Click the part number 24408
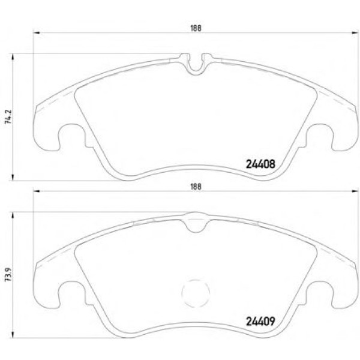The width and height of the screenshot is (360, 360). click(x=260, y=164)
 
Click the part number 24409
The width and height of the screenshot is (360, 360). click(x=260, y=322)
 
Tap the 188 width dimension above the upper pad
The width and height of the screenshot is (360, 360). click(x=196, y=28)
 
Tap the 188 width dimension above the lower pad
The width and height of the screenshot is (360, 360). click(x=196, y=187)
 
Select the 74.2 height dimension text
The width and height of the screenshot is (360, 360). click(x=8, y=117)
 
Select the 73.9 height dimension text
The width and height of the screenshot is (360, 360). click(x=8, y=275)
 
